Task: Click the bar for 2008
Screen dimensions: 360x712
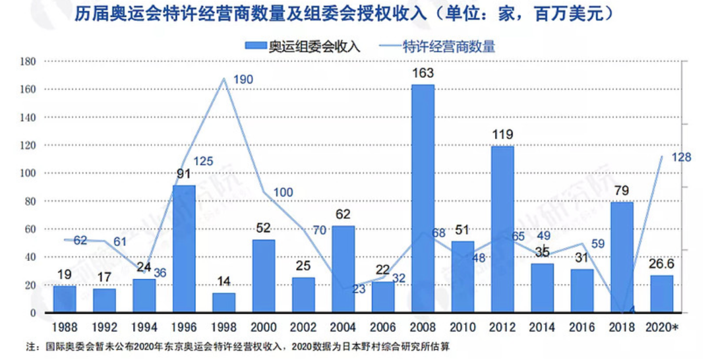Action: click(423, 198)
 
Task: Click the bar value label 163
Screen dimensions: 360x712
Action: click(423, 73)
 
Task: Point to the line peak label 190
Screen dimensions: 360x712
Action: click(243, 80)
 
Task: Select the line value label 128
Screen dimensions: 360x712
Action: click(681, 156)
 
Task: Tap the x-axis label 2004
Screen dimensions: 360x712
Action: click(343, 326)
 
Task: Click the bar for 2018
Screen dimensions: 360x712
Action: click(622, 257)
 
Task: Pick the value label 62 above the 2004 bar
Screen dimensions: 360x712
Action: click(343, 214)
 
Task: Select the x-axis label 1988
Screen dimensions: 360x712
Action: click(65, 326)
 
